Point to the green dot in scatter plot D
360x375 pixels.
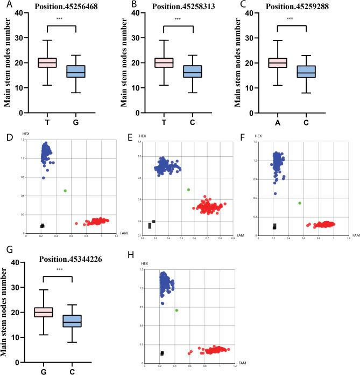(x=65, y=191)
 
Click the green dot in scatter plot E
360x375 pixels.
(x=188, y=190)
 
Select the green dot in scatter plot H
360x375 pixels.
(x=176, y=310)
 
